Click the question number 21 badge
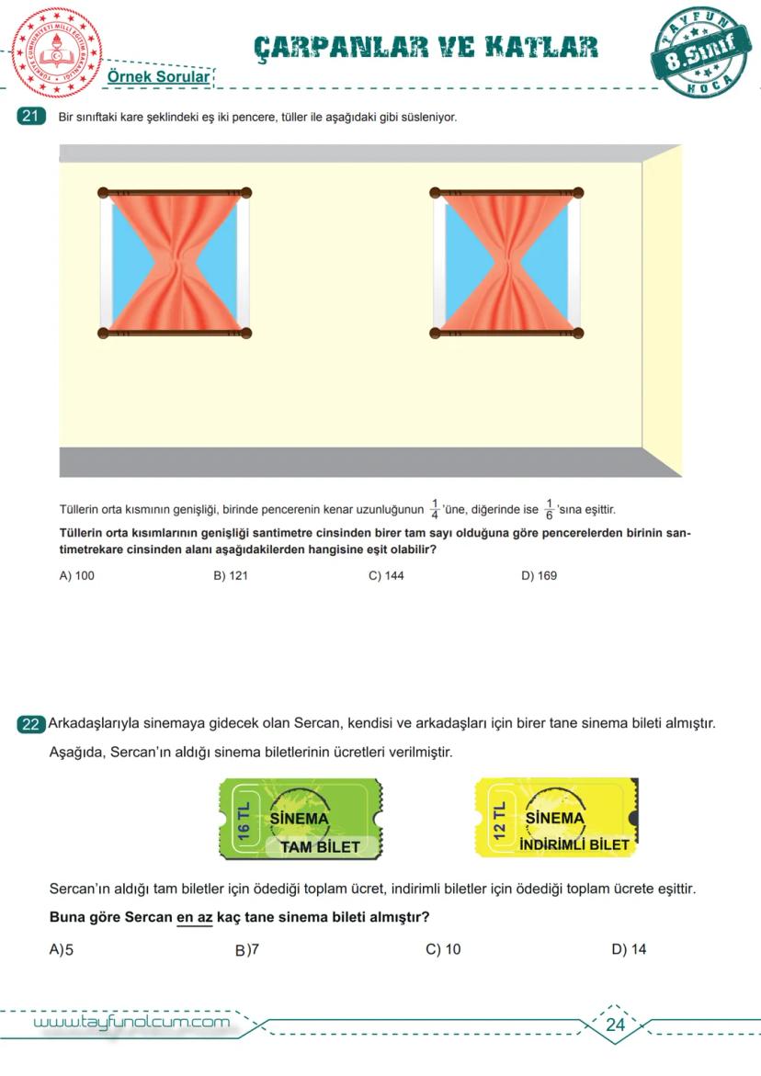[x=31, y=117]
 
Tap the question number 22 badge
[x=30, y=724]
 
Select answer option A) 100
[x=76, y=575]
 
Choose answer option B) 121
[x=231, y=575]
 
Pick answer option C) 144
[x=386, y=575]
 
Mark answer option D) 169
[x=539, y=575]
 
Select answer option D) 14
[x=629, y=949]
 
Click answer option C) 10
[x=443, y=949]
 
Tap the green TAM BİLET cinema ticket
[x=301, y=819]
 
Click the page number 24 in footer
[x=615, y=1025]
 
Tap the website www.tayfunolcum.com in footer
[x=131, y=1022]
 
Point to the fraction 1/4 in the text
[x=435, y=510]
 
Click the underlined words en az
[x=194, y=917]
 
